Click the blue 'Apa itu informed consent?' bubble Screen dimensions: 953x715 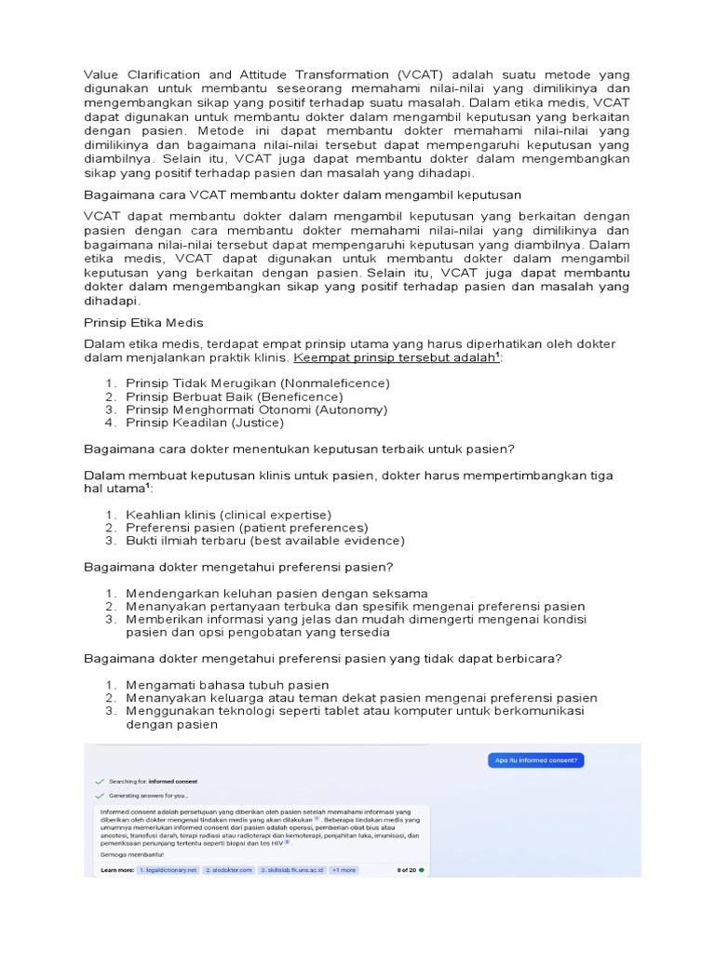(535, 760)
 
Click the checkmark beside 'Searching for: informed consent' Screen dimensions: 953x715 (98, 781)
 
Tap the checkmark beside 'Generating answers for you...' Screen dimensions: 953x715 (98, 796)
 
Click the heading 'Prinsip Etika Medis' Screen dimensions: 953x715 (143, 322)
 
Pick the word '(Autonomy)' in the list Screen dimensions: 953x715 (351, 409)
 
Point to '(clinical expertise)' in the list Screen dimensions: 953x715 (276, 515)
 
